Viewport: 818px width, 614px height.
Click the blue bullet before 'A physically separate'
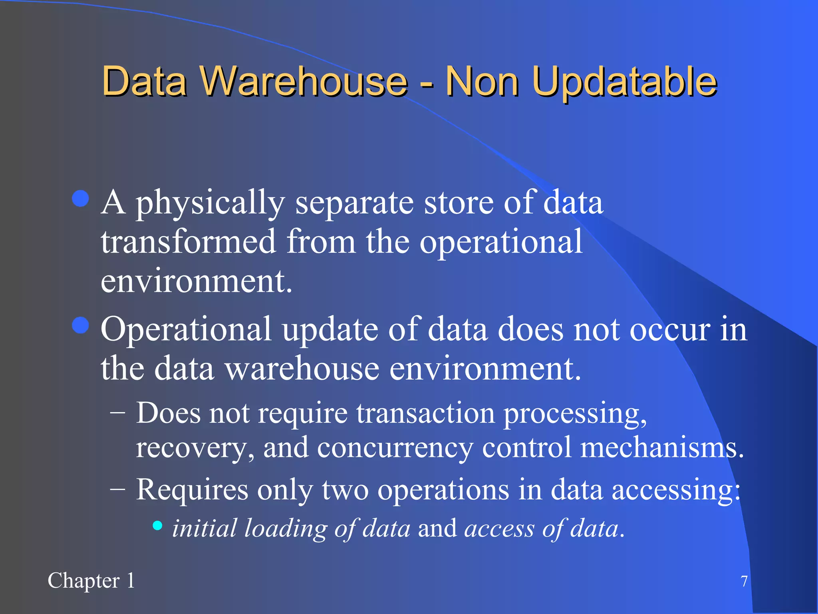(x=81, y=198)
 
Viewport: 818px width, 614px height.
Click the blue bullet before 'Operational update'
(x=81, y=325)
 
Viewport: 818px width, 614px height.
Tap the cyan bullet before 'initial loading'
(x=158, y=525)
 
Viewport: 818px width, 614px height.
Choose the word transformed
(x=189, y=242)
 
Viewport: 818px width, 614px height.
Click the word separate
(x=354, y=203)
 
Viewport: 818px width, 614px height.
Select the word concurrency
(x=395, y=448)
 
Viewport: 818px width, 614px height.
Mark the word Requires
(x=192, y=490)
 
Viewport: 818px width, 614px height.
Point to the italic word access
(x=499, y=528)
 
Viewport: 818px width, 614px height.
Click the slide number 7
(x=744, y=581)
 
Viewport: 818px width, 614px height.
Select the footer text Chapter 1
(x=91, y=580)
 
